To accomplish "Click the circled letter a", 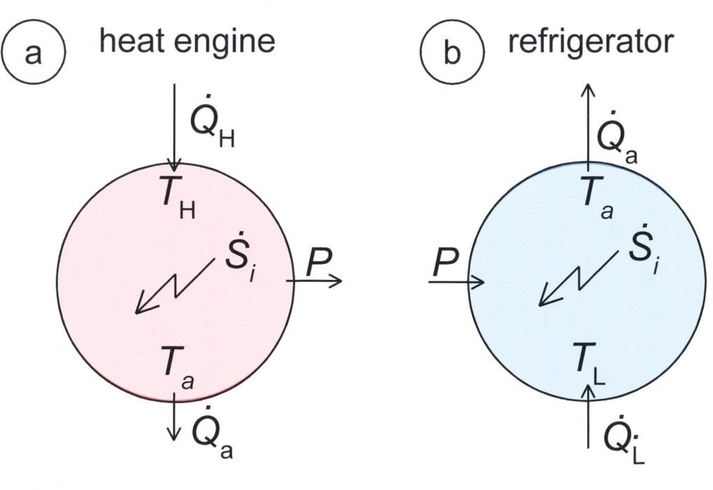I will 34,53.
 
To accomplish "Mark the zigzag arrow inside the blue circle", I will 577,280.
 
